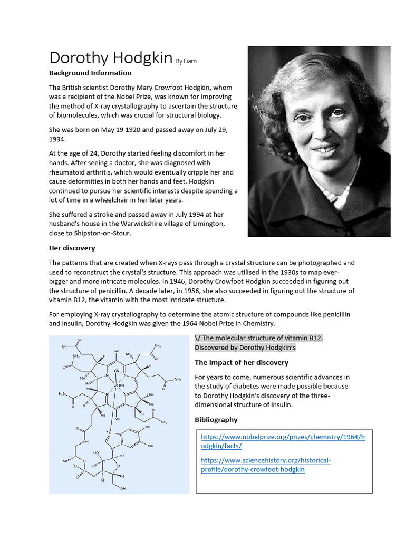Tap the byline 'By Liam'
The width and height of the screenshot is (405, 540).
pos(186,61)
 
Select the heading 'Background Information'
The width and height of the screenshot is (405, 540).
pos(90,73)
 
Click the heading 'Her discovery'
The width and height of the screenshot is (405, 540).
pos(72,248)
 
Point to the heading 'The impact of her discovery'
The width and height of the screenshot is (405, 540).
pos(242,362)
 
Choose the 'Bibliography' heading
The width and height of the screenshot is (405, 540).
pos(216,420)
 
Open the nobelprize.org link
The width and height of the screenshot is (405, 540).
pos(284,441)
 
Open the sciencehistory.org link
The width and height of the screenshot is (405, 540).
pos(266,465)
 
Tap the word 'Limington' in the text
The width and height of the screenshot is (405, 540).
pos(206,224)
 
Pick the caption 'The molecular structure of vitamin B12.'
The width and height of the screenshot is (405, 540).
pos(262,338)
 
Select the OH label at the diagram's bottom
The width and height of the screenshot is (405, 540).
pos(123,488)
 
